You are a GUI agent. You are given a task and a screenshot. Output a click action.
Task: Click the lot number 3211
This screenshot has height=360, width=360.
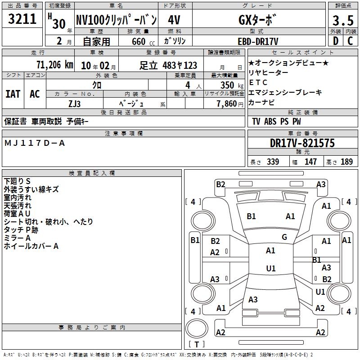coord(22,19)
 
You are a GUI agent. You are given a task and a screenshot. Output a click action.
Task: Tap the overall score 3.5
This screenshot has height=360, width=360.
coord(342,21)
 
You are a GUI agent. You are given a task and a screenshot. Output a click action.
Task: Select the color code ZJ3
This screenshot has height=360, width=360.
coord(74,103)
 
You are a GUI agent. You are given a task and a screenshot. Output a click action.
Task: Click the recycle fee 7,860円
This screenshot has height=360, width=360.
coord(230,103)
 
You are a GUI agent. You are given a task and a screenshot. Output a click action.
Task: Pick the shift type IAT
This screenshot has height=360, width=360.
coord(13,94)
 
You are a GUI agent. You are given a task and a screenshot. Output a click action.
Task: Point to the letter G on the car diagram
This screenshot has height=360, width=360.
coord(284,237)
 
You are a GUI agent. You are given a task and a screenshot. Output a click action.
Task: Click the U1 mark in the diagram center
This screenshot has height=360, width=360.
coord(271,269)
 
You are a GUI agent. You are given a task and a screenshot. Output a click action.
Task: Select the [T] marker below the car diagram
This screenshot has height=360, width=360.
coord(197,344)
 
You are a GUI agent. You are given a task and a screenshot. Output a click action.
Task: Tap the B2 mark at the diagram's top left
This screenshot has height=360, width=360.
coord(220,184)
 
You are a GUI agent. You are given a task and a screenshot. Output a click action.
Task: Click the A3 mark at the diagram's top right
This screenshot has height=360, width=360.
coord(321,184)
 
